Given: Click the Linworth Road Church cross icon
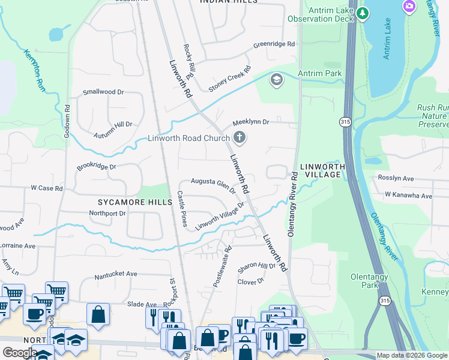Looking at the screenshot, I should tap(240, 138).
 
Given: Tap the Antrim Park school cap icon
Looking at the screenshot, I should tap(276, 79).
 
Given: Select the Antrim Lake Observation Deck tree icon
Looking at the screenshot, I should tap(362, 13).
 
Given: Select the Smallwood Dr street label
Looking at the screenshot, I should tap(103, 92).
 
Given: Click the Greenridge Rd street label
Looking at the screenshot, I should tap(274, 44).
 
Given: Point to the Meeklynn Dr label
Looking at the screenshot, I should tap(251, 122).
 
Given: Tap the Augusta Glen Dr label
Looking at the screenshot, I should tap(213, 184).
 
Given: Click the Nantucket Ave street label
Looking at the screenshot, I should tap(116, 274).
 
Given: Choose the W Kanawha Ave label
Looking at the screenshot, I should tap(408, 196).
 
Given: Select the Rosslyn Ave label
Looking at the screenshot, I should tap(396, 178).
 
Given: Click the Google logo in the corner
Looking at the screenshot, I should tap(19, 353).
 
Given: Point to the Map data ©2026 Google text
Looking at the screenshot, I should tap(411, 355).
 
